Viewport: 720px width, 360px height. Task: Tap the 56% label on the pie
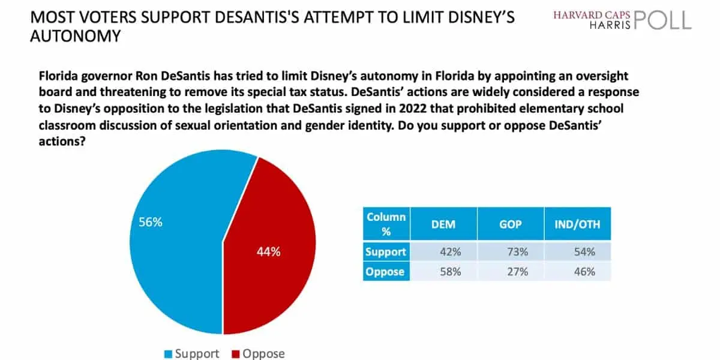pyautogui.click(x=151, y=222)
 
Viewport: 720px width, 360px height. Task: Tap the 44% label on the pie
pyautogui.click(x=268, y=251)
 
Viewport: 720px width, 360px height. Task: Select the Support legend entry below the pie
pyautogui.click(x=192, y=353)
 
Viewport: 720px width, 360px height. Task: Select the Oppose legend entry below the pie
pyautogui.click(x=258, y=353)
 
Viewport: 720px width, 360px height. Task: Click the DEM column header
pyautogui.click(x=443, y=224)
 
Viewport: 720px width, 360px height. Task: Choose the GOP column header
pyautogui.click(x=511, y=224)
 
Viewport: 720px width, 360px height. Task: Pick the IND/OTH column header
pyautogui.click(x=578, y=224)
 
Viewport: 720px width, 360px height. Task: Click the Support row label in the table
pyautogui.click(x=386, y=251)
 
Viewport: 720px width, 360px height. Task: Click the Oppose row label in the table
pyautogui.click(x=385, y=272)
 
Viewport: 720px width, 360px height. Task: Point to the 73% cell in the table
pyautogui.click(x=517, y=251)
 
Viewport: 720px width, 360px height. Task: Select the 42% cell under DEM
pyautogui.click(x=451, y=251)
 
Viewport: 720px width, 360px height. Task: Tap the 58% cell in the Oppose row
pyautogui.click(x=451, y=272)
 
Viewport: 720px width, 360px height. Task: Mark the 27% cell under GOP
pyautogui.click(x=517, y=272)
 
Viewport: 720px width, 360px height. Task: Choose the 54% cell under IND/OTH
pyautogui.click(x=584, y=251)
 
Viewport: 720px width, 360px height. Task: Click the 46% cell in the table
pyautogui.click(x=584, y=272)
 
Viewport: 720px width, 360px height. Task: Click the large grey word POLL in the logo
pyautogui.click(x=663, y=20)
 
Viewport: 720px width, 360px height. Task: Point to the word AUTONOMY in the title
pyautogui.click(x=76, y=36)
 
